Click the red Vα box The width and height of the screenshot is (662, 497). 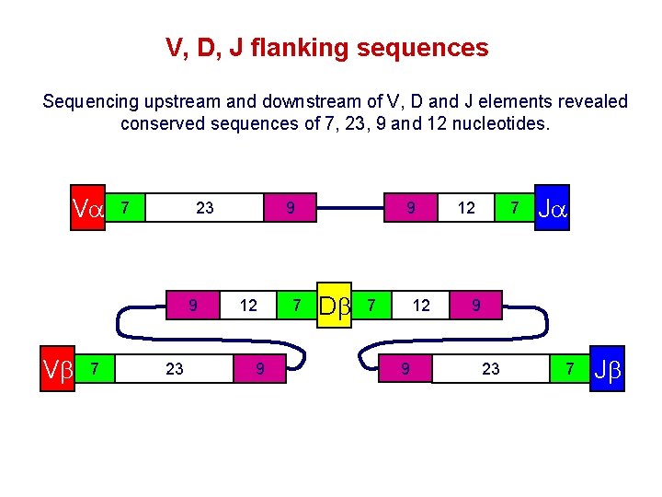click(x=89, y=208)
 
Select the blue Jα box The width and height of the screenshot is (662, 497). click(x=552, y=208)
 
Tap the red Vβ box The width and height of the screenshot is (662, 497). click(x=55, y=369)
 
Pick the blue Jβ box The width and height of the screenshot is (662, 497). click(x=608, y=369)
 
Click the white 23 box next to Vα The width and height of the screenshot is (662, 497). click(x=204, y=208)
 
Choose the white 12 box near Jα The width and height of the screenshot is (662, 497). click(x=466, y=208)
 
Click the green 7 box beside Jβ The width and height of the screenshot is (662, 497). click(x=571, y=369)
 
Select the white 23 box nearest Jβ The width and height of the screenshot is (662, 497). click(x=491, y=369)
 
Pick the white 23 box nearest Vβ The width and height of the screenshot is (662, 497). click(x=174, y=369)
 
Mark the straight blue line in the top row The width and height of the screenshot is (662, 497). click(x=350, y=208)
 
